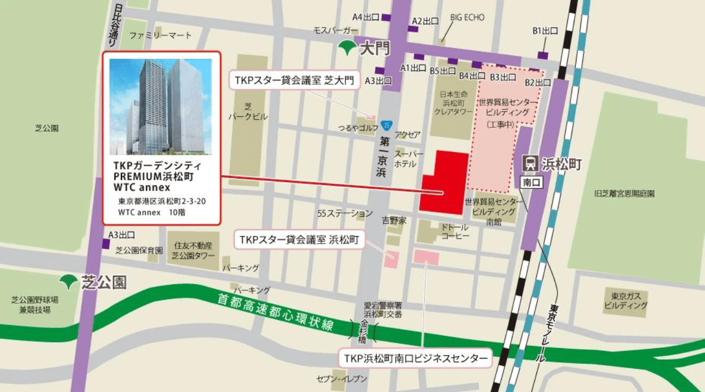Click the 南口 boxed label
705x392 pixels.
(531, 183)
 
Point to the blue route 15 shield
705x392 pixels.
(386, 126)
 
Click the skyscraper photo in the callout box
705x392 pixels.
(161, 107)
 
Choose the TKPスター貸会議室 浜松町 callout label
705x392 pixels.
(299, 239)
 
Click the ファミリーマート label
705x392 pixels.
(161, 35)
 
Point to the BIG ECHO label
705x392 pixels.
(467, 18)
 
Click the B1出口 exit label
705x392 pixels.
(544, 31)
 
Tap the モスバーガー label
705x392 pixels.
(336, 30)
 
